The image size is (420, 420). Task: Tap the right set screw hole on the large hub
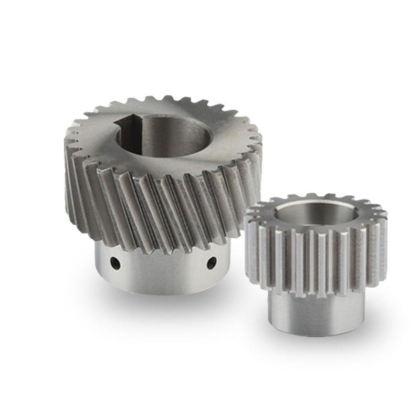211,261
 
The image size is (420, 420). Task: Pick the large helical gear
163,173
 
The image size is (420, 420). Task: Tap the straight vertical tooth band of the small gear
315,257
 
